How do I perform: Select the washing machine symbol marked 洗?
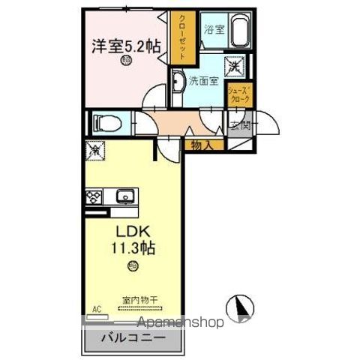coord(235,65)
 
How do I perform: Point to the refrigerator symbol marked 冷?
coord(96,150)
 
